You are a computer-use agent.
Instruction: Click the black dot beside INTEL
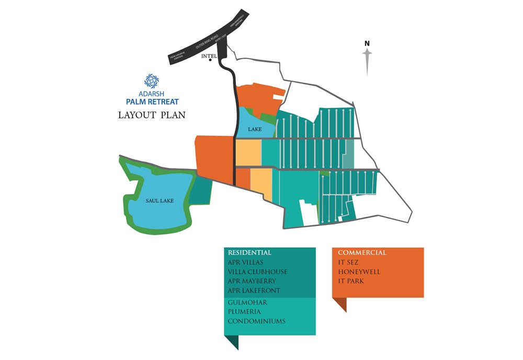[x=210, y=60]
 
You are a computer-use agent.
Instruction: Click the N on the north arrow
[x=367, y=43]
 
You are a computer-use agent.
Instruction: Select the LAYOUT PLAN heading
[x=152, y=115]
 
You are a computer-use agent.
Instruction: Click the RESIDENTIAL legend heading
[x=249, y=253]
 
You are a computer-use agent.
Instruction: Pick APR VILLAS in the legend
[x=246, y=262]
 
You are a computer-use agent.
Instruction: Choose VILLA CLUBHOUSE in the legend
[x=257, y=272]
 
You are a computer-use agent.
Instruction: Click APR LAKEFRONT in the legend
[x=254, y=290]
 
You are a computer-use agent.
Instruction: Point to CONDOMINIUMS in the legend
[x=257, y=321]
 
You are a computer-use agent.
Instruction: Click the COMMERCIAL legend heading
[x=362, y=253]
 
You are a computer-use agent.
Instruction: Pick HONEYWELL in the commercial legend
[x=358, y=272]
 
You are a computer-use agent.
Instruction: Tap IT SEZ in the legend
[x=349, y=263]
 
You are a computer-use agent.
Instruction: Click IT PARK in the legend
[x=351, y=282]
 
